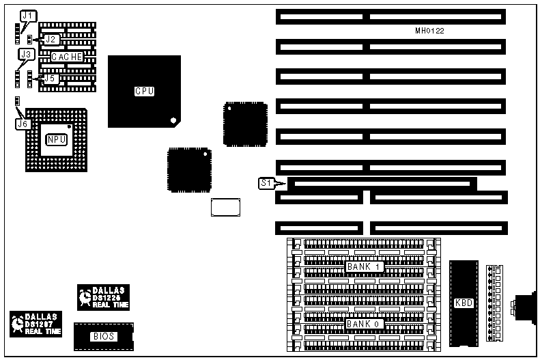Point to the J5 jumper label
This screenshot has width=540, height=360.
[49, 79]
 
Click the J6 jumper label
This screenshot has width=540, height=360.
[23, 124]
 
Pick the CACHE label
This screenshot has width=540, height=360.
[67, 57]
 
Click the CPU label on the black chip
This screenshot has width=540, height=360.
[144, 91]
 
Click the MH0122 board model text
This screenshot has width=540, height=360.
[430, 31]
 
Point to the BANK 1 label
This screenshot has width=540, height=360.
[364, 266]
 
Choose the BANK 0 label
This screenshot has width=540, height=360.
[364, 324]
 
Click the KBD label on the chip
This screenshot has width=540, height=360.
[464, 303]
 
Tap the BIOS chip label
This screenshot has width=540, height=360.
[103, 336]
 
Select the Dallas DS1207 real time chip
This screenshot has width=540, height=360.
[35, 324]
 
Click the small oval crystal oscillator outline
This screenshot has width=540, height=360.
[226, 207]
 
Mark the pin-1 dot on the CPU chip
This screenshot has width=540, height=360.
[174, 121]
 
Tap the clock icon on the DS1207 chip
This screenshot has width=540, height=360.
[18, 325]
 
